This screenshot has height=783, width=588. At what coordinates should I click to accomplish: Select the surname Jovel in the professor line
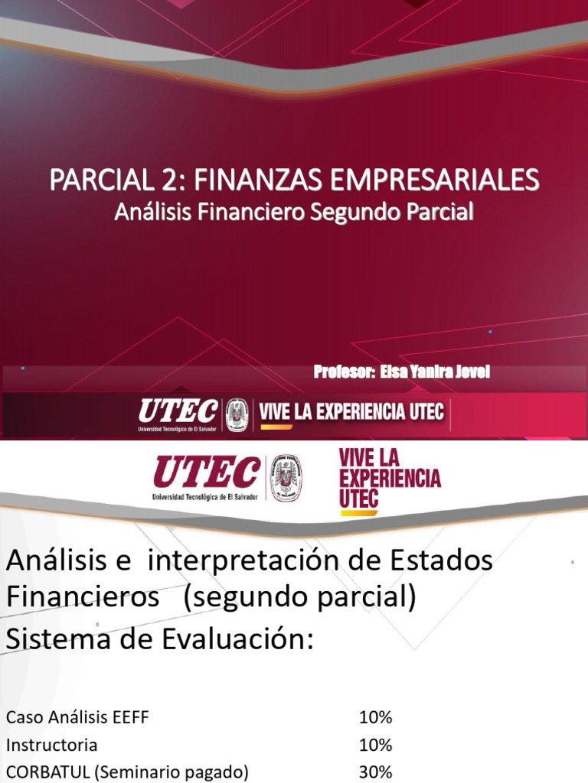click(472, 372)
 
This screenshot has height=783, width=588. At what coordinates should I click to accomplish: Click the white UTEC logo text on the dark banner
click(178, 413)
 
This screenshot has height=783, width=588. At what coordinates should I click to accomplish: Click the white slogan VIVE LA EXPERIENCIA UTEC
click(351, 412)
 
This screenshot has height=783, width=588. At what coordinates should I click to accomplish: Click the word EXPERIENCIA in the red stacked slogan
click(390, 479)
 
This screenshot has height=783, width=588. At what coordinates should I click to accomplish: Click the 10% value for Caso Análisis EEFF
click(375, 717)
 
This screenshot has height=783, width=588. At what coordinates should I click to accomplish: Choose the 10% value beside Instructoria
click(375, 745)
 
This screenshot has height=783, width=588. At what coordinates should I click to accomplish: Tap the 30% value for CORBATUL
click(375, 772)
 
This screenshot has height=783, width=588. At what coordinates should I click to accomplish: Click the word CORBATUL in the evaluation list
click(47, 772)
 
